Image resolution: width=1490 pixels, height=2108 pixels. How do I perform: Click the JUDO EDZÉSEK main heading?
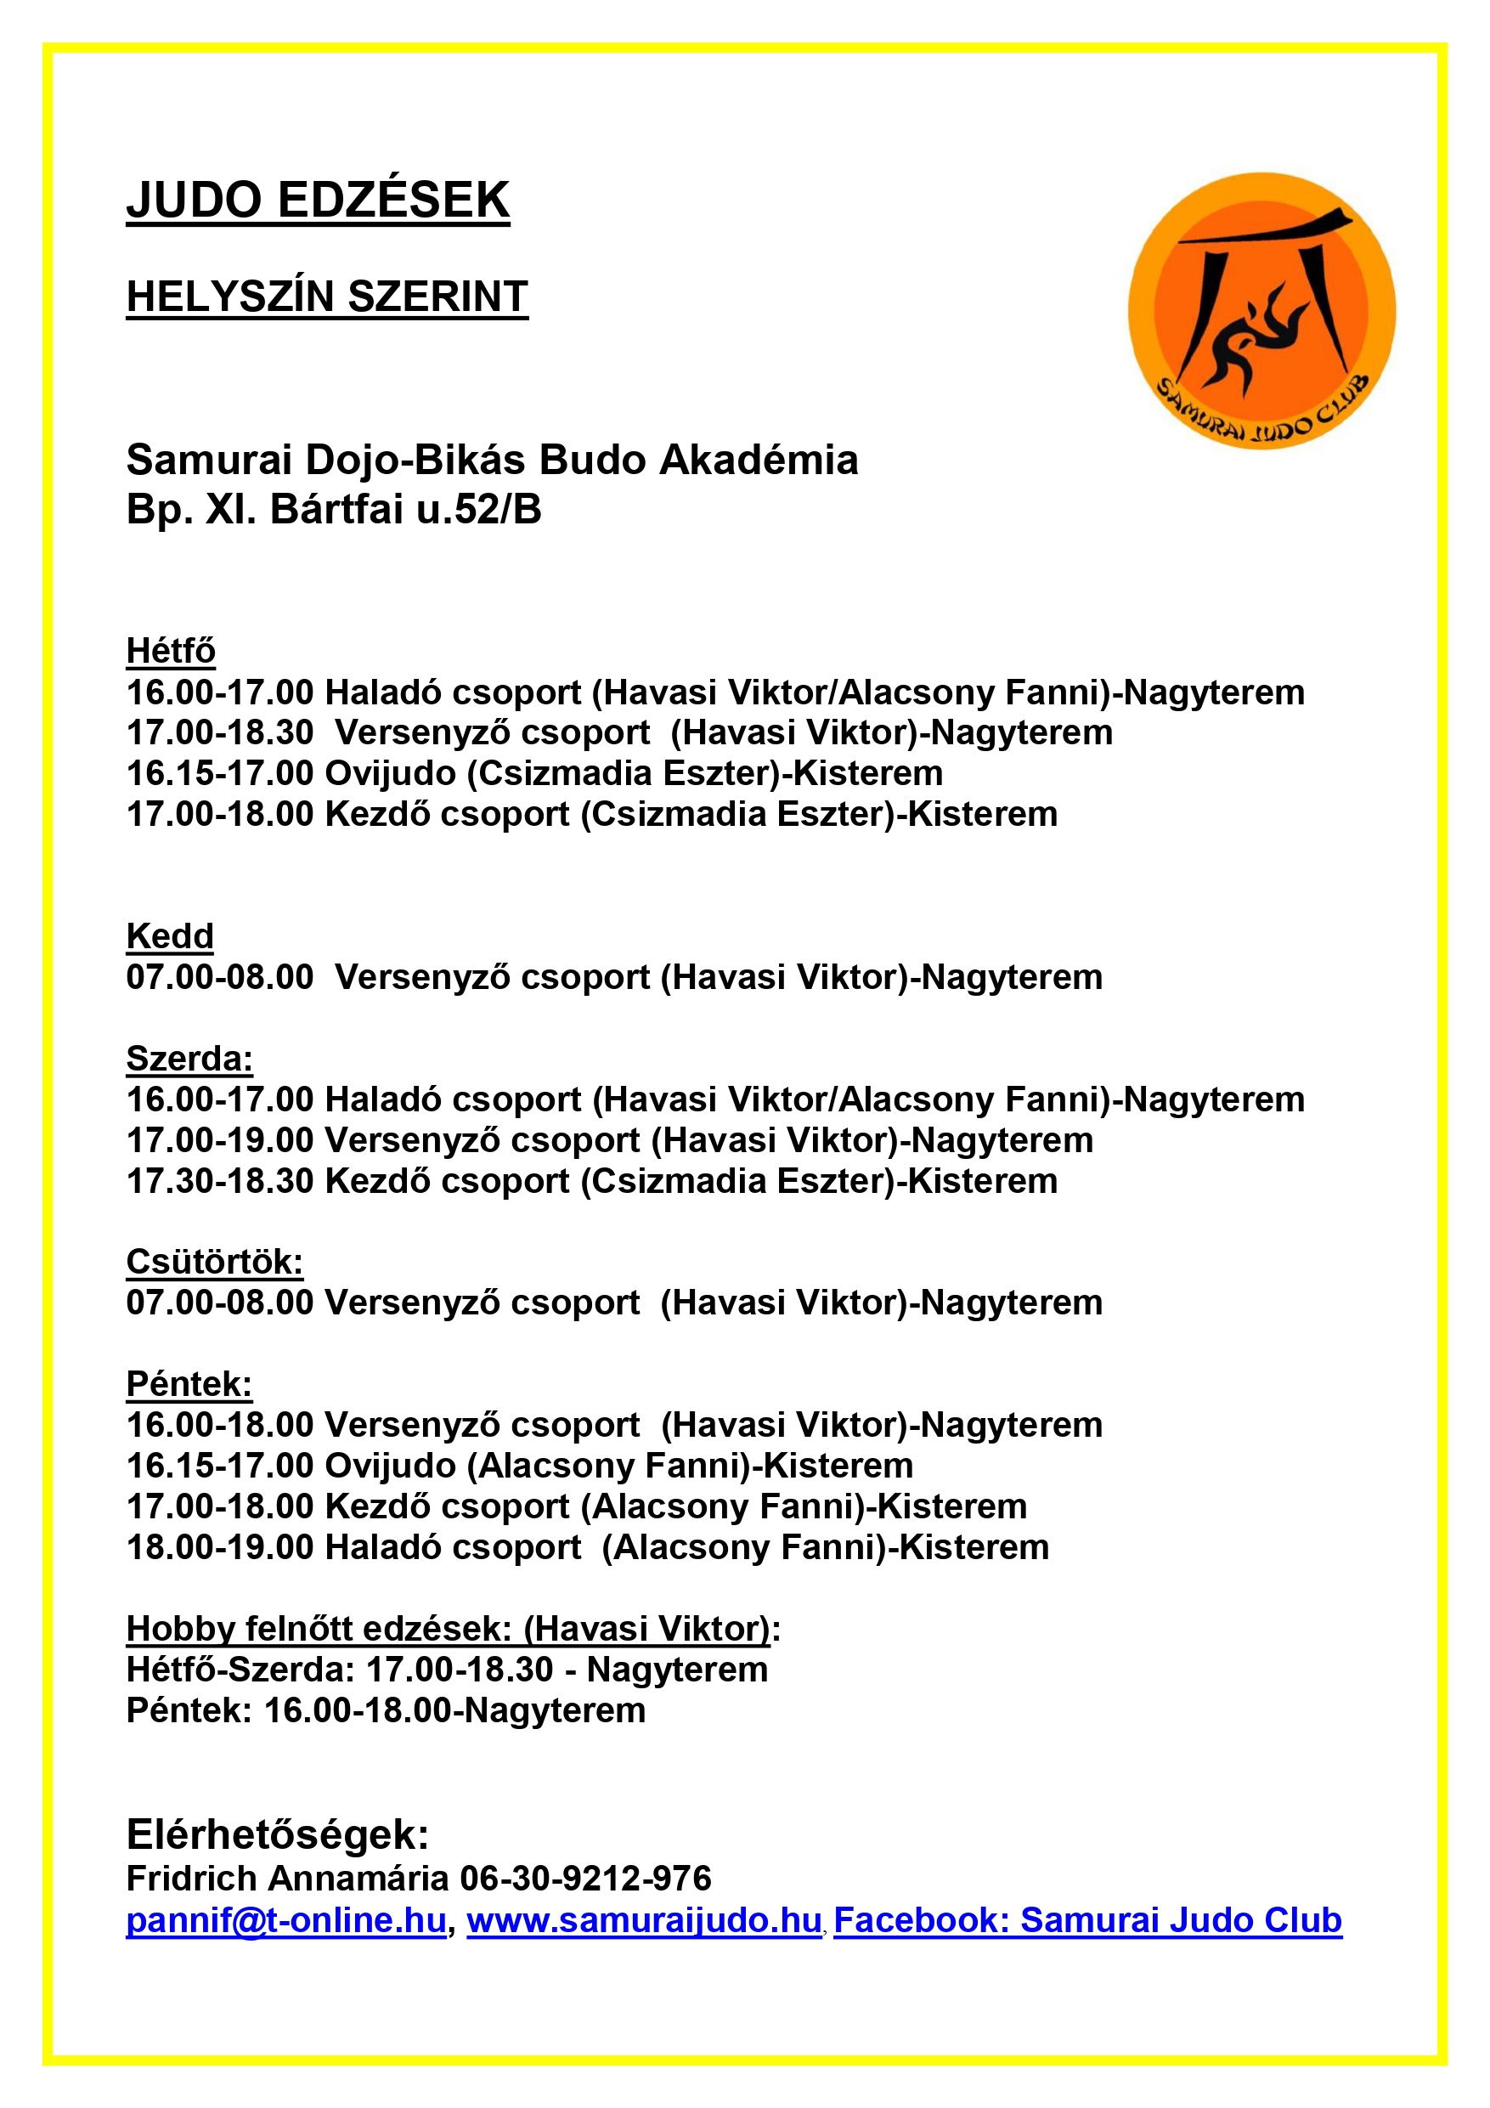click(x=318, y=201)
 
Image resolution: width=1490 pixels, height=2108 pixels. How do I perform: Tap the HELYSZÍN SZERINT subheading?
click(x=327, y=297)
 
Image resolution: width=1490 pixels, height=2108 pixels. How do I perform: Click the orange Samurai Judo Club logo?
click(x=1261, y=311)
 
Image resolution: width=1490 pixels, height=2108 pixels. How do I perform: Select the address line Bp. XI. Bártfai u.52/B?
click(x=333, y=510)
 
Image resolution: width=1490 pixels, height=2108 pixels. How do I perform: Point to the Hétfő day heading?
click(x=171, y=651)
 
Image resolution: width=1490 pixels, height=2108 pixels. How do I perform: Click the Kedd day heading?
click(x=170, y=936)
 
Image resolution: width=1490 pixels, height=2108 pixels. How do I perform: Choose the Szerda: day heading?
click(x=189, y=1059)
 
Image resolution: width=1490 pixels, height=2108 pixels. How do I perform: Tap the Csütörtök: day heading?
click(x=214, y=1262)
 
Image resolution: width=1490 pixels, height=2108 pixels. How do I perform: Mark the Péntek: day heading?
click(x=189, y=1383)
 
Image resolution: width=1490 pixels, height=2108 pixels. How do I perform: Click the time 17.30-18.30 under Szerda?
click(x=220, y=1181)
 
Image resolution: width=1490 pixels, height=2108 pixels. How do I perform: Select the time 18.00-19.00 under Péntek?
click(x=220, y=1547)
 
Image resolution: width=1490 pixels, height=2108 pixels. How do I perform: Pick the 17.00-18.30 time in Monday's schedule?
click(x=220, y=732)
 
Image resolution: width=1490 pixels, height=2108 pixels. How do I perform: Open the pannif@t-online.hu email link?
click(x=286, y=1921)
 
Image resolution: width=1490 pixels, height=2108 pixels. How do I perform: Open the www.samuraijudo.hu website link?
click(x=644, y=1921)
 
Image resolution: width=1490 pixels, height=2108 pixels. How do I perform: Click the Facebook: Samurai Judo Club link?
click(x=1088, y=1921)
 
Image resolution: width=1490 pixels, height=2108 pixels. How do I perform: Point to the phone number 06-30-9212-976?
click(x=585, y=1879)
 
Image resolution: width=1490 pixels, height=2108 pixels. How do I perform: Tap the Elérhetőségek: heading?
click(x=277, y=1834)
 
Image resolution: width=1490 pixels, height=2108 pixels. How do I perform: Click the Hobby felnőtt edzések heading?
click(x=453, y=1629)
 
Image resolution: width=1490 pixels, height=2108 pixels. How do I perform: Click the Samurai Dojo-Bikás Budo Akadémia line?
click(x=492, y=460)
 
